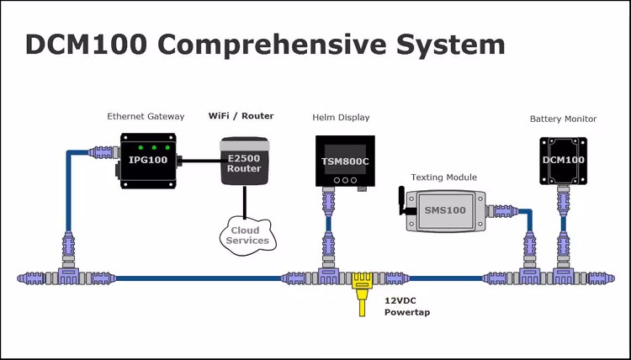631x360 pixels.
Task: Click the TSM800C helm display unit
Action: point(343,161)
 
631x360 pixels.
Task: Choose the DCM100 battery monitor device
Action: point(563,160)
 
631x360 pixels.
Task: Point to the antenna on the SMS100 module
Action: point(401,201)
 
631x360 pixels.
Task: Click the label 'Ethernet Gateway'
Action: point(146,116)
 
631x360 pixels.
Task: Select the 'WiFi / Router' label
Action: point(241,115)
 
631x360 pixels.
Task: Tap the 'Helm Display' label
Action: point(341,117)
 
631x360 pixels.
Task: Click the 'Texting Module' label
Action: point(443,177)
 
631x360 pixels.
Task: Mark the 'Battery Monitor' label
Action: point(563,119)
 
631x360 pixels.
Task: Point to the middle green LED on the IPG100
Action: point(155,147)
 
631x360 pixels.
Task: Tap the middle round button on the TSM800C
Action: point(343,179)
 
